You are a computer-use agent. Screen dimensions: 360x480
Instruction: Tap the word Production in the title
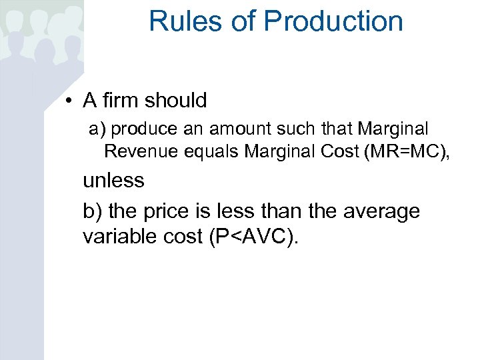coord(333,21)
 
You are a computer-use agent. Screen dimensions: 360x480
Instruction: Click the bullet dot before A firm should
coord(69,101)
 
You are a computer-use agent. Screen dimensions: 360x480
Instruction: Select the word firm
coord(120,101)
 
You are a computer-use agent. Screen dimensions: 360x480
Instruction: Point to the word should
coord(176,101)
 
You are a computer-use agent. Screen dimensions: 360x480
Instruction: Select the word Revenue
coord(135,151)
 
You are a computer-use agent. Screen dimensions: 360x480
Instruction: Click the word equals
coord(207,152)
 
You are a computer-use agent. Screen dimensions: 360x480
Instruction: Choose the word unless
coord(113,180)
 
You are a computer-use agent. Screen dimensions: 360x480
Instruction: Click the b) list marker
coord(93,211)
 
